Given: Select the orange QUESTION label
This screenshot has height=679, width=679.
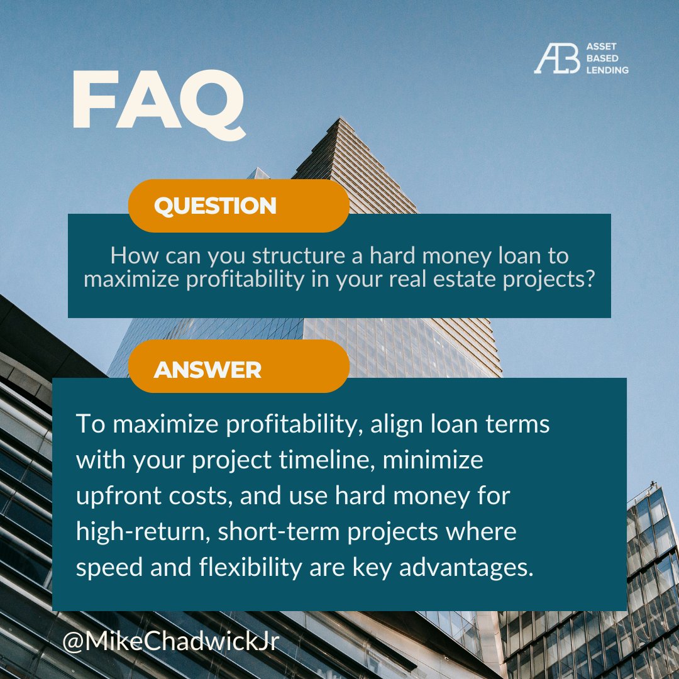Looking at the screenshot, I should pos(215,206).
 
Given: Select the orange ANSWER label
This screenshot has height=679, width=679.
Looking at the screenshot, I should pos(207,370).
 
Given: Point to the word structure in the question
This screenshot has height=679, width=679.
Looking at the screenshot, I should pos(295,257).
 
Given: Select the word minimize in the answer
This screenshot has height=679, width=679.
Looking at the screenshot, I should pos(433,460).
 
